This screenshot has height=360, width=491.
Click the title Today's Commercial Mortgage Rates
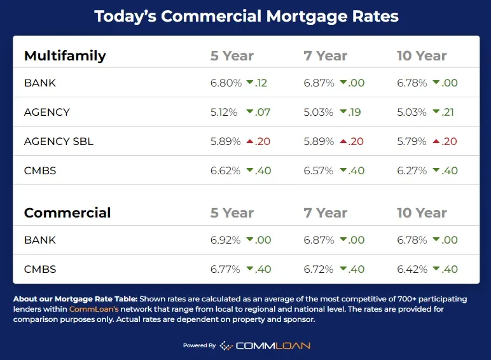click(246, 16)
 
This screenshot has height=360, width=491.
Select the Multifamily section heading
click(65, 55)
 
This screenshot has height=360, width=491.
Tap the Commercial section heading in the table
click(67, 212)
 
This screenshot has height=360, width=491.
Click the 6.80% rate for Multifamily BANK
click(226, 83)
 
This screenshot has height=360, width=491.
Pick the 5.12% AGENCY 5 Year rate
click(223, 112)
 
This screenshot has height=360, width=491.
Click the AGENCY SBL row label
click(59, 141)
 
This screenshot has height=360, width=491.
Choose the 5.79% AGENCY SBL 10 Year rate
click(411, 141)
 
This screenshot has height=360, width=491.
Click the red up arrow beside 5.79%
click(436, 141)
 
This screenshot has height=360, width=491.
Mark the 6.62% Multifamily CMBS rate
click(226, 170)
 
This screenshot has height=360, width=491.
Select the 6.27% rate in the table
click(411, 170)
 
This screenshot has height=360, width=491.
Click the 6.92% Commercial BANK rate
click(226, 240)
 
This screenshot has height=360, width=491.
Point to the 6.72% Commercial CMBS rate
click(319, 269)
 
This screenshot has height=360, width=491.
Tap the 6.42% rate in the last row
click(411, 269)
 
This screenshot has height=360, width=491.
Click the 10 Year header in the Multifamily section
click(422, 56)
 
